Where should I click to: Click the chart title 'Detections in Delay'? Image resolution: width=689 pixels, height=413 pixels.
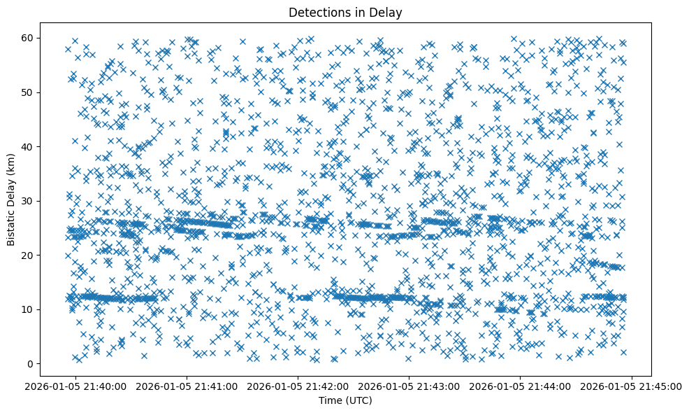tap(345, 13)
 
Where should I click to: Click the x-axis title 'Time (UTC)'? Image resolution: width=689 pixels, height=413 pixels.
tap(345, 400)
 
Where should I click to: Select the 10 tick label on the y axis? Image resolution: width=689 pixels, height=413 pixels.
tap(29, 309)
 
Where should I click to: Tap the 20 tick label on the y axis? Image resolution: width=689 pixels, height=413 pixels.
tap(29, 255)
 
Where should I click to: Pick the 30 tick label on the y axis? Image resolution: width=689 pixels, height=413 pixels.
tap(29, 201)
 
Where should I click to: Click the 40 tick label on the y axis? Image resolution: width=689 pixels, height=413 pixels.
tap(29, 146)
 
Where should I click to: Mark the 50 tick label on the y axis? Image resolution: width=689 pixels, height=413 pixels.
tap(29, 92)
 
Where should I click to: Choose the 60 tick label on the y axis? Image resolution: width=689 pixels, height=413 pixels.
tap(29, 38)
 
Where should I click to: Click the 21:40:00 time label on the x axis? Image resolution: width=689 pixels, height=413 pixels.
tap(76, 385)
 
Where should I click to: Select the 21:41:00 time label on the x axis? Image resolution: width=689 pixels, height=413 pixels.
tap(187, 385)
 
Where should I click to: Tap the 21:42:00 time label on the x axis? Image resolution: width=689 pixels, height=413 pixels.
tap(298, 385)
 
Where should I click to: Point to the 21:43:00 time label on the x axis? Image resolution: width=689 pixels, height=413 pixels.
tap(409, 385)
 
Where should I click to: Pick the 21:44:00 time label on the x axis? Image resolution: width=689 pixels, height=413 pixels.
tap(521, 385)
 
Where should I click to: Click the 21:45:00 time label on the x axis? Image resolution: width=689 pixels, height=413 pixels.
tap(631, 385)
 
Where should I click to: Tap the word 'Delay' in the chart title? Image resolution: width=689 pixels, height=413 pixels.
tap(386, 13)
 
